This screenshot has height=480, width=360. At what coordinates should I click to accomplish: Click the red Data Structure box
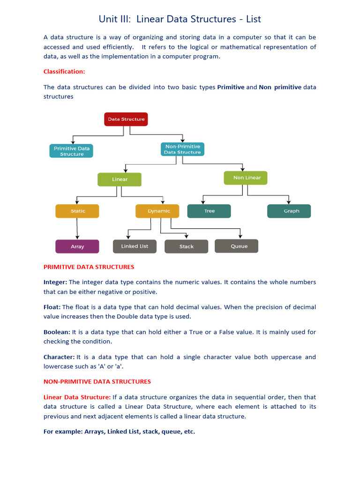[126, 119]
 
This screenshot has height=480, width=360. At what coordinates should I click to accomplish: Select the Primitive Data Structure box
[71, 151]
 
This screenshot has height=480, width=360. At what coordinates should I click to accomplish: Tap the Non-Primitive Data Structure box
[182, 150]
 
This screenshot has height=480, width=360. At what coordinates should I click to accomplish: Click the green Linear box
[120, 180]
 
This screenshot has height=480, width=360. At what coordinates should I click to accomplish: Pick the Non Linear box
[246, 178]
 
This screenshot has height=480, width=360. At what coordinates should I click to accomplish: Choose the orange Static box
[77, 211]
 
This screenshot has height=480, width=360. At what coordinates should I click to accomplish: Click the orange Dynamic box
[157, 211]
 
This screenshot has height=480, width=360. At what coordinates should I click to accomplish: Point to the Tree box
[209, 211]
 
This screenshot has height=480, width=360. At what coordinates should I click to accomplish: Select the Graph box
[289, 211]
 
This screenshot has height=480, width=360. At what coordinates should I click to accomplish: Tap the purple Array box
[77, 247]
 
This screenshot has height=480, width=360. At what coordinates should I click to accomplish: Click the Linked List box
[135, 246]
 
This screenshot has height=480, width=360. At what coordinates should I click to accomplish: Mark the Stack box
[186, 247]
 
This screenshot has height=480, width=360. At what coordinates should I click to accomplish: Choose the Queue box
[237, 246]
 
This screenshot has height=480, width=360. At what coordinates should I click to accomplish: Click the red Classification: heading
[64, 72]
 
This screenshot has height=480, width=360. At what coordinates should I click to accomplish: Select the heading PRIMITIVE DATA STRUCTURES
[89, 267]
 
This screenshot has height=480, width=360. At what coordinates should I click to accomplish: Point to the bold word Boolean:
[57, 332]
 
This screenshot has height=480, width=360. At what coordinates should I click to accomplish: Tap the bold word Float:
[52, 307]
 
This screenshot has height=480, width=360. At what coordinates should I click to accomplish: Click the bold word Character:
[59, 357]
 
